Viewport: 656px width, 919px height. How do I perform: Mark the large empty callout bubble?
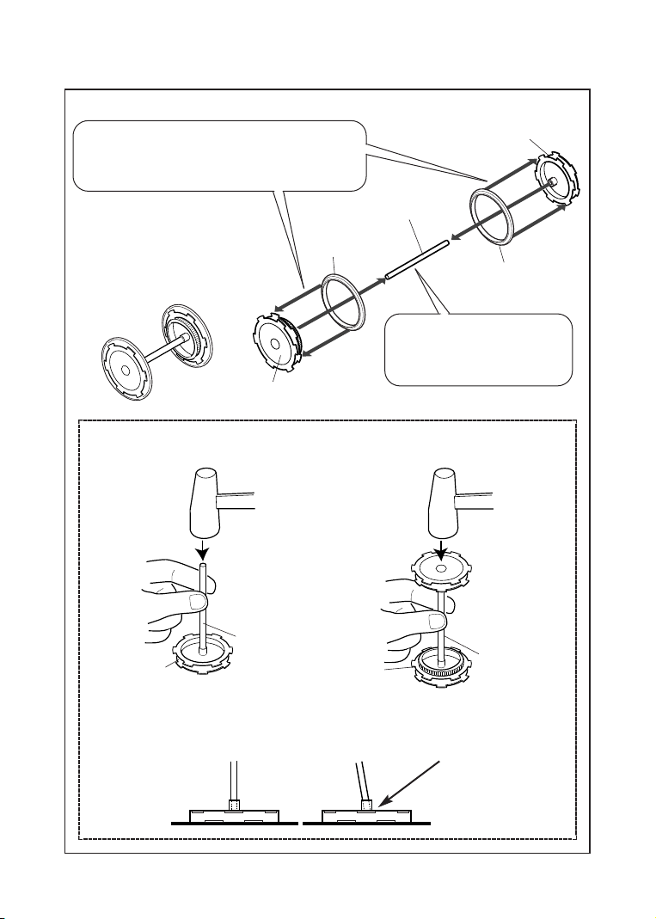click(220, 156)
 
